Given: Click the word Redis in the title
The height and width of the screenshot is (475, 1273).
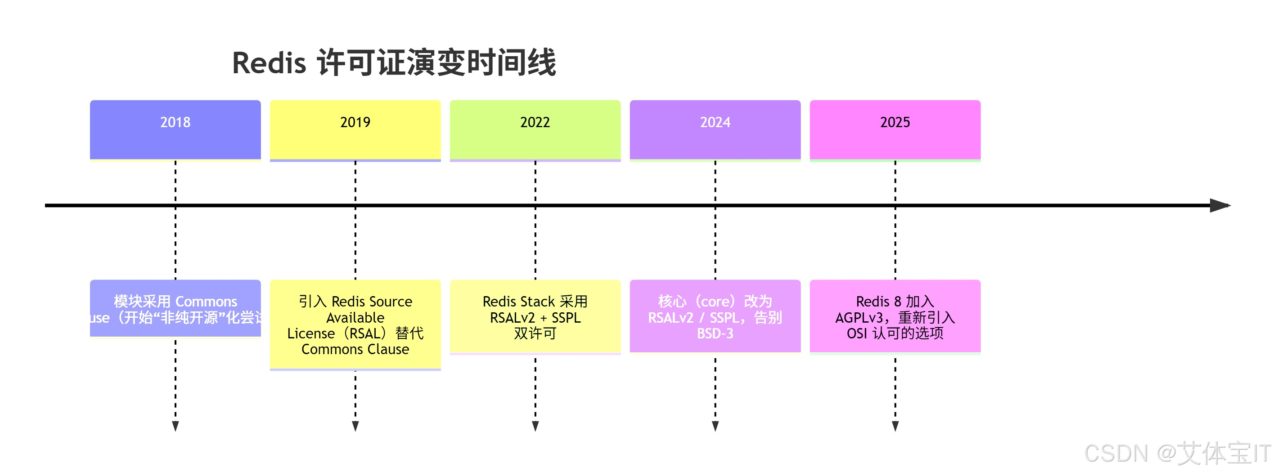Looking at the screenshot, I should click(270, 64).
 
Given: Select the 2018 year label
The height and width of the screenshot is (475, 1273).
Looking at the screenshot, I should click(175, 122).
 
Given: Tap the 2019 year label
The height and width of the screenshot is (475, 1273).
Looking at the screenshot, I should click(355, 122).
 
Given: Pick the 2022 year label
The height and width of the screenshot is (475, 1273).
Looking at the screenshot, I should click(535, 122).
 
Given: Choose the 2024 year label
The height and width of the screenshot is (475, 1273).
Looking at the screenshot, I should click(715, 122).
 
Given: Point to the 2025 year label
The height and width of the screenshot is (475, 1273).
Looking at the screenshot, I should click(895, 122).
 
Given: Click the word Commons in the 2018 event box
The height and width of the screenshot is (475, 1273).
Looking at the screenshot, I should click(206, 302).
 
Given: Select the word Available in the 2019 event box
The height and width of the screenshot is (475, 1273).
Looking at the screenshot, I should click(355, 317).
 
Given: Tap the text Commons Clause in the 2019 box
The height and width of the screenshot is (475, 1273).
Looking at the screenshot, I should click(355, 350).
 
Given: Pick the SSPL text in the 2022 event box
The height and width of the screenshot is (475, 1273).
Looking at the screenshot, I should click(567, 317).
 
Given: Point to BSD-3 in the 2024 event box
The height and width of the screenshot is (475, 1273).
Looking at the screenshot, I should click(715, 334).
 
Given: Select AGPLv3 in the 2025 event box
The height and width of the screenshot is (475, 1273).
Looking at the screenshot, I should click(859, 317).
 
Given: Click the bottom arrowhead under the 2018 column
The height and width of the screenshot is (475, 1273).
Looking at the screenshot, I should click(175, 426).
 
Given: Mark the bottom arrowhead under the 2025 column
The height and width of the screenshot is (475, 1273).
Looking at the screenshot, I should click(895, 426).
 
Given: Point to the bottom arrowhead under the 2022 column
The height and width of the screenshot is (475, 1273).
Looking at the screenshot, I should click(535, 426).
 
